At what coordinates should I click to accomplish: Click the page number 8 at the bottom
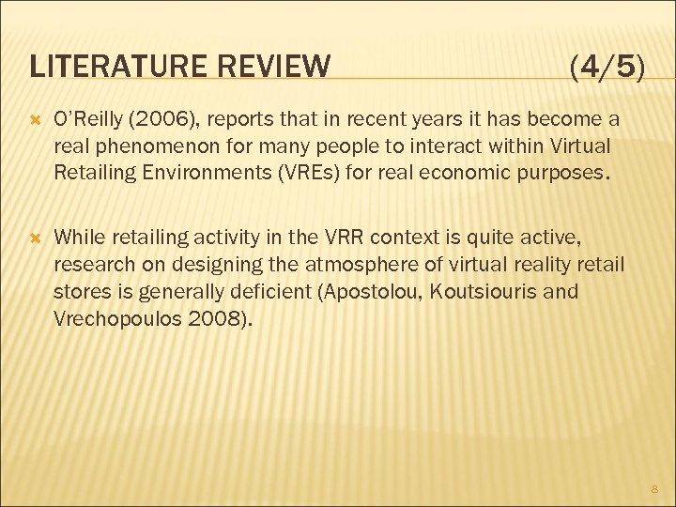pyautogui.click(x=653, y=488)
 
